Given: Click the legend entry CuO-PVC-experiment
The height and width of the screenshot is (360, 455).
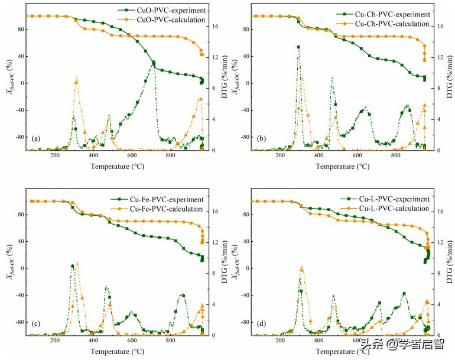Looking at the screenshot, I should click(x=170, y=10).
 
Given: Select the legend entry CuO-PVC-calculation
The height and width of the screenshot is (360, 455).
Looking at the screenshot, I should click(x=170, y=20).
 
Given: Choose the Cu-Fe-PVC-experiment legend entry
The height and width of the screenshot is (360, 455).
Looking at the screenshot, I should click(x=168, y=199).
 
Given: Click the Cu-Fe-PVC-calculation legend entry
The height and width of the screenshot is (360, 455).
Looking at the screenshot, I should click(x=168, y=209).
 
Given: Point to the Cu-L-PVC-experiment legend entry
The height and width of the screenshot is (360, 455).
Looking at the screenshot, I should click(x=394, y=199).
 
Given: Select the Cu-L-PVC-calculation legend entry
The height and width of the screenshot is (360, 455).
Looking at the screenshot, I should click(x=394, y=209).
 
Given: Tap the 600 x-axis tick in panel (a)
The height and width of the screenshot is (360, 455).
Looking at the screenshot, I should click(x=132, y=156).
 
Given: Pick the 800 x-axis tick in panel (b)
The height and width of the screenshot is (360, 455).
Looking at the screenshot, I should click(x=395, y=156).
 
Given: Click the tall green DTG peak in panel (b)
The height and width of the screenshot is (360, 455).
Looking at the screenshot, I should click(x=298, y=47).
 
